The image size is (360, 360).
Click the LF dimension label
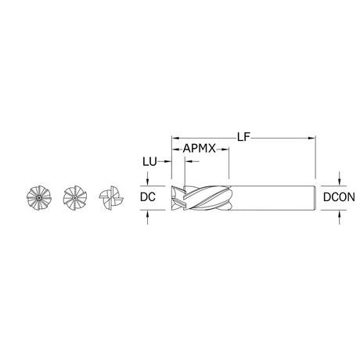244,136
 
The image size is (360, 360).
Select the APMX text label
201,147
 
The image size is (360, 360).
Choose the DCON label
338,199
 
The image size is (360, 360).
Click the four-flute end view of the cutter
110,199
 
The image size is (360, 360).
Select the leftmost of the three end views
38,199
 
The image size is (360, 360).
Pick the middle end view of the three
74,199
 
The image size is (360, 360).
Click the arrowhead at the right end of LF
311,136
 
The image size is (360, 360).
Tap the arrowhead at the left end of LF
176,136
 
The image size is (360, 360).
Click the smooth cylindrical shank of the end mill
274,199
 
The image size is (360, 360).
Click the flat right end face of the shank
313,199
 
